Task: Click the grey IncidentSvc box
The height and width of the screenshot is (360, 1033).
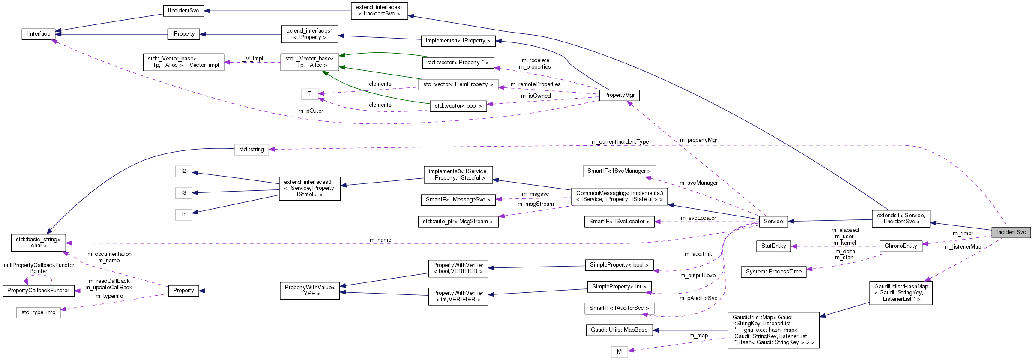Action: [x=1011, y=232]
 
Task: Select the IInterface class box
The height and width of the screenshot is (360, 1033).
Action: [x=38, y=34]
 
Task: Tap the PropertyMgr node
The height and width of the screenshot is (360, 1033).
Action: [x=619, y=95]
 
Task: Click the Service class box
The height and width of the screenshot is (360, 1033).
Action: [x=773, y=222]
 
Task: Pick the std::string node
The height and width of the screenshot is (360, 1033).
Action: [x=252, y=150]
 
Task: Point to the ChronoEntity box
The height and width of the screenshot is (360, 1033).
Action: [x=901, y=246]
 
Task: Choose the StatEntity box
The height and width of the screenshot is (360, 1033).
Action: [x=773, y=246]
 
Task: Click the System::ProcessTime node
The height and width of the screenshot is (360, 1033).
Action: [x=773, y=272]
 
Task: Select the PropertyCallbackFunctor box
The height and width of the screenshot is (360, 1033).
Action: [x=38, y=291]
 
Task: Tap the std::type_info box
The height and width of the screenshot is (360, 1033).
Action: [x=38, y=312]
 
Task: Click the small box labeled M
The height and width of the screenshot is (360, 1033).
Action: [x=619, y=352]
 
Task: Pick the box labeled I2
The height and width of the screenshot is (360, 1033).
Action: [x=183, y=171]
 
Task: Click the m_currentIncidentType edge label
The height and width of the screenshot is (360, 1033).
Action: [x=620, y=142]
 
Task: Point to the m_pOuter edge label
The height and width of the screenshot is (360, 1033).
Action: [x=311, y=111]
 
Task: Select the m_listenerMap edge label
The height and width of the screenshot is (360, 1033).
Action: [x=963, y=247]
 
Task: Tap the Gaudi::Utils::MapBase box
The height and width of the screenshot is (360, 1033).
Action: [x=619, y=330]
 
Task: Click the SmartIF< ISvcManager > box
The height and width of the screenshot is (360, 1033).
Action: [x=619, y=171]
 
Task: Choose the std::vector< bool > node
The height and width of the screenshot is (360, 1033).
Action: [x=458, y=106]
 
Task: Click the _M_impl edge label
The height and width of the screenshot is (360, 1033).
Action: [x=253, y=59]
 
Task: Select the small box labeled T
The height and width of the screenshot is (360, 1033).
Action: [x=309, y=94]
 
